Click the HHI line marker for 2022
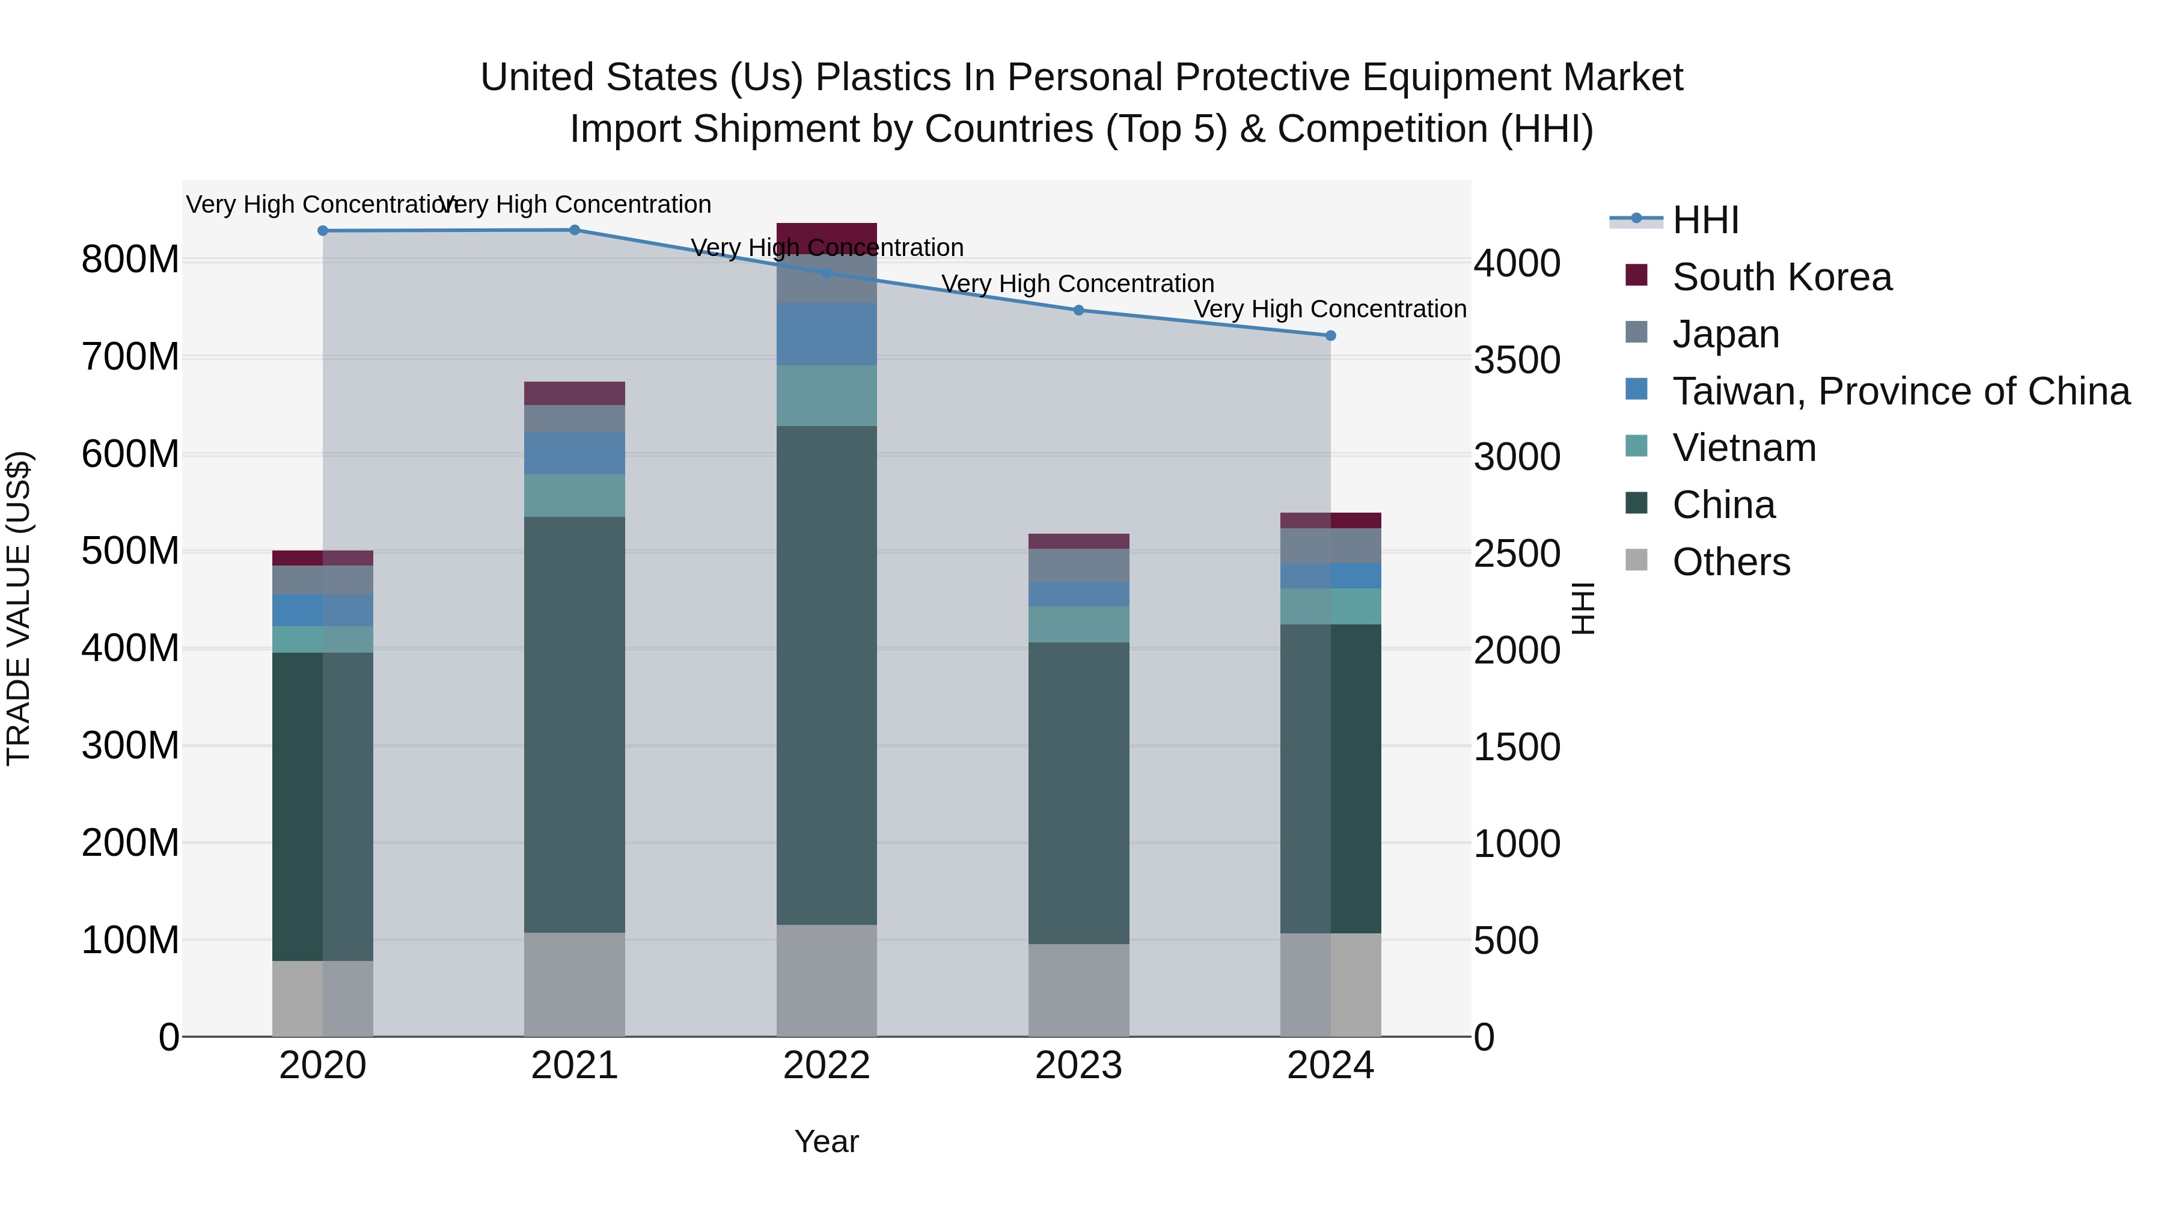tap(827, 273)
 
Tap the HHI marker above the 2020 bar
tap(323, 230)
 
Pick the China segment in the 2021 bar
tap(575, 724)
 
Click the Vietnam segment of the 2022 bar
tap(827, 395)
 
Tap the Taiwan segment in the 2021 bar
tap(575, 454)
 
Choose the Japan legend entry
tap(1725, 334)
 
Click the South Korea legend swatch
tap(1636, 275)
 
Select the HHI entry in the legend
tap(1705, 220)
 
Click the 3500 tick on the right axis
tap(1517, 361)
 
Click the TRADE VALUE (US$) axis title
tap(19, 608)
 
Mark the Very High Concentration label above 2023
tap(1078, 284)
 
